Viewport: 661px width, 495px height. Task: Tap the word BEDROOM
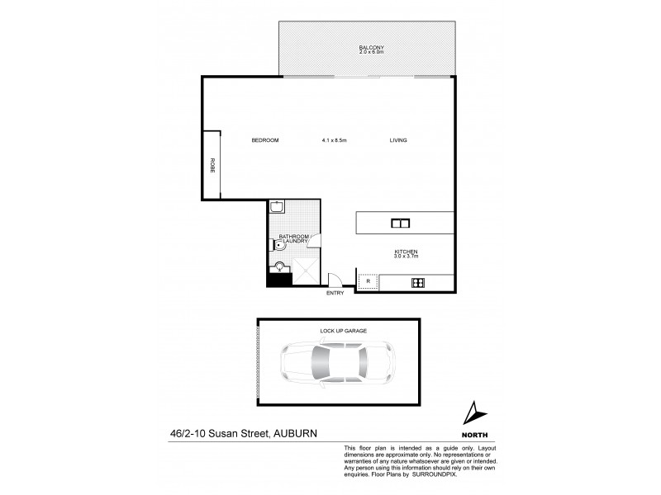click(x=265, y=140)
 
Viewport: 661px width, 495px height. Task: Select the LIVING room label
click(x=399, y=140)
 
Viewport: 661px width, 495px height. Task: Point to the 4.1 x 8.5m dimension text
click(x=335, y=140)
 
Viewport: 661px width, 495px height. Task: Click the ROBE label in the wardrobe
click(x=212, y=164)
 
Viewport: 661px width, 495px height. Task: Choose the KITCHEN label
click(x=405, y=251)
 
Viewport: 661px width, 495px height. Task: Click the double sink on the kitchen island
click(x=400, y=223)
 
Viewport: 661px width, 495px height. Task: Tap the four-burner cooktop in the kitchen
click(x=418, y=283)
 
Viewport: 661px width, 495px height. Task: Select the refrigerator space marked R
click(x=367, y=282)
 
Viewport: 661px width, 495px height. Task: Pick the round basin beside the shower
click(x=280, y=266)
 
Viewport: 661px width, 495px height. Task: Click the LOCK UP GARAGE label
click(x=343, y=330)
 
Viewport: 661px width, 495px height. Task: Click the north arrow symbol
click(x=473, y=413)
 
